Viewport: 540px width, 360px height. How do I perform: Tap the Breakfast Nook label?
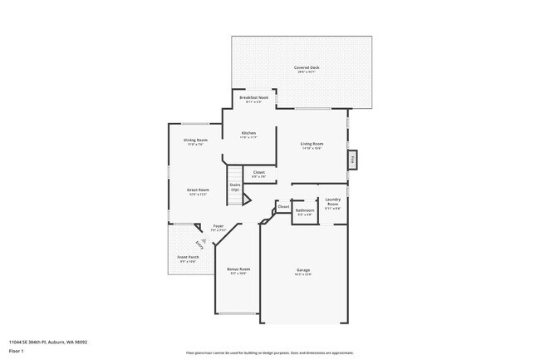[253, 98]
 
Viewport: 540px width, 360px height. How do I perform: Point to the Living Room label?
[312, 144]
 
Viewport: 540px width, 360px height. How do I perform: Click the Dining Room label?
[196, 140]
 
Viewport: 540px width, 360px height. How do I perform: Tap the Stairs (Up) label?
[235, 187]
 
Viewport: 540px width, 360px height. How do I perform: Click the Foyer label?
[218, 226]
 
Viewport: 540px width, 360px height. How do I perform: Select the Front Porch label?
[188, 258]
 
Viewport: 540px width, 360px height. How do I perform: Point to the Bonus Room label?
[238, 269]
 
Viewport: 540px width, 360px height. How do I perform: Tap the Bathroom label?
[305, 210]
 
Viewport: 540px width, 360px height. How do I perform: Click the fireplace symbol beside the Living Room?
[352, 158]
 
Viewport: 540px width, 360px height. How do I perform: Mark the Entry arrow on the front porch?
[199, 244]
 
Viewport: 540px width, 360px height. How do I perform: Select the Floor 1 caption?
[15, 351]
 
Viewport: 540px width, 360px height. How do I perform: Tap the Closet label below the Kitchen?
[258, 173]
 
